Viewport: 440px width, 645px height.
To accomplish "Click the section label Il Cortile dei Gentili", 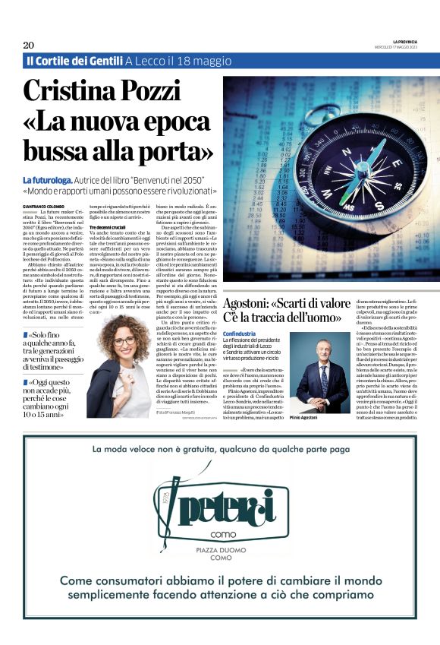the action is [74, 60].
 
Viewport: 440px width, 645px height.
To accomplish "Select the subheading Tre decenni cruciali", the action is [110, 227].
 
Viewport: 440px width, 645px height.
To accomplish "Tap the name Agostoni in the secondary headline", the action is [251, 304].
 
